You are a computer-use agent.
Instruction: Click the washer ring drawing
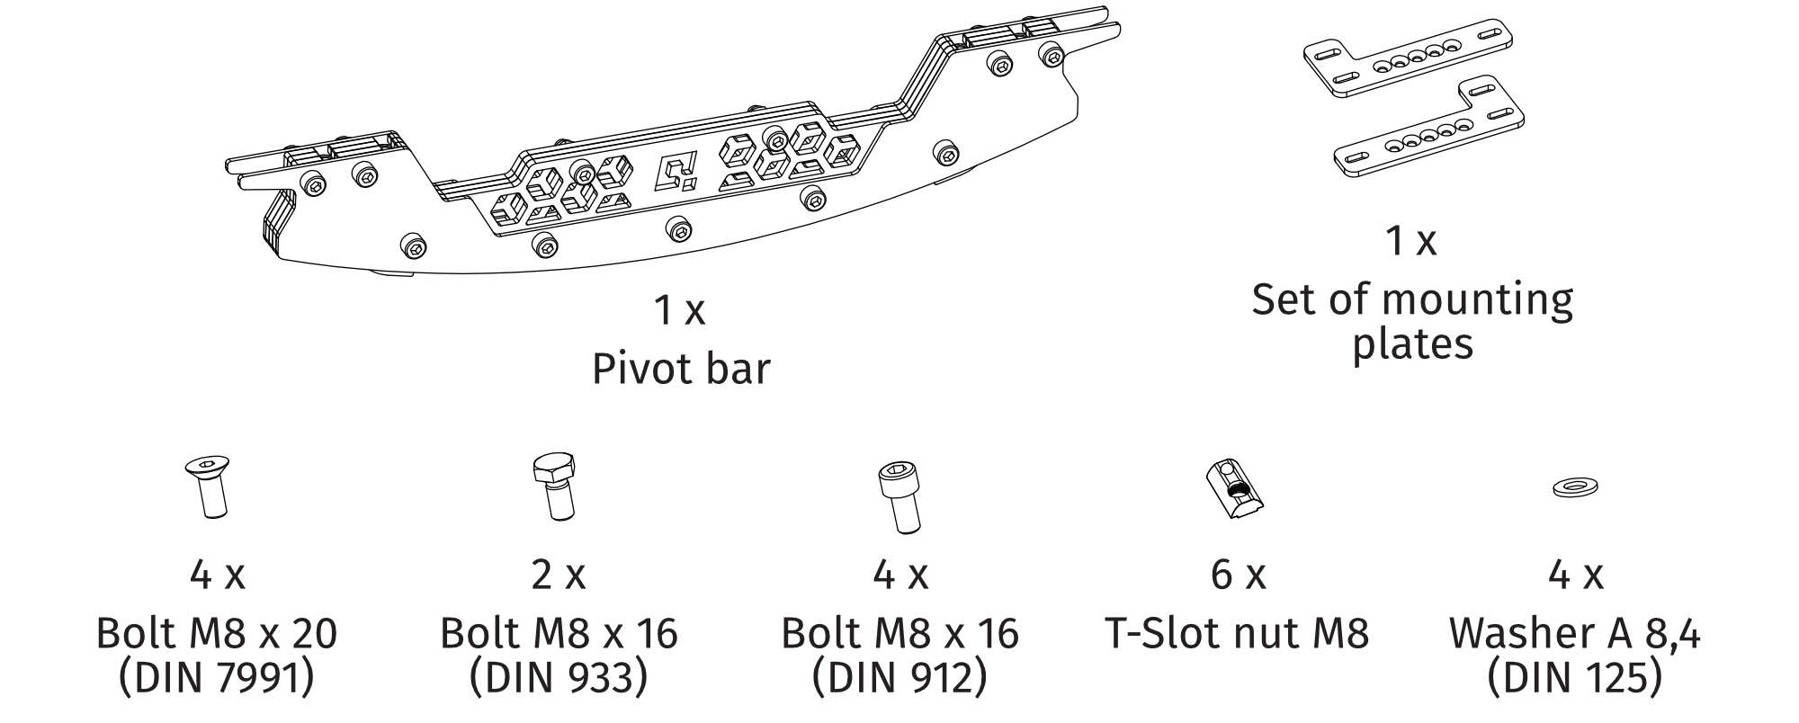click(x=1574, y=488)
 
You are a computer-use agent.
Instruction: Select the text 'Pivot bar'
click(x=681, y=369)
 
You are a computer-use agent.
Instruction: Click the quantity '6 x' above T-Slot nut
click(x=1238, y=574)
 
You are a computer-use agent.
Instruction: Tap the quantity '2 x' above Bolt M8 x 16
click(x=558, y=574)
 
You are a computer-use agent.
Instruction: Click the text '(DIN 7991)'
click(x=217, y=678)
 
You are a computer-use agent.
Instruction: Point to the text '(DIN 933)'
click(x=558, y=678)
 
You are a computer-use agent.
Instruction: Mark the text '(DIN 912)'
click(x=899, y=678)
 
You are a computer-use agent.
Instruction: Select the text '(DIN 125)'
click(x=1574, y=678)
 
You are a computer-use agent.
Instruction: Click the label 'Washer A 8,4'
click(x=1574, y=634)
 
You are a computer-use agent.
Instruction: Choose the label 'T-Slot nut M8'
click(x=1236, y=634)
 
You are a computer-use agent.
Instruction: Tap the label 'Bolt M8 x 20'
click(x=217, y=634)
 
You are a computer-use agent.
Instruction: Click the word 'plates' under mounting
click(x=1412, y=344)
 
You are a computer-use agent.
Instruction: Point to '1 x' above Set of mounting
click(x=1410, y=241)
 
